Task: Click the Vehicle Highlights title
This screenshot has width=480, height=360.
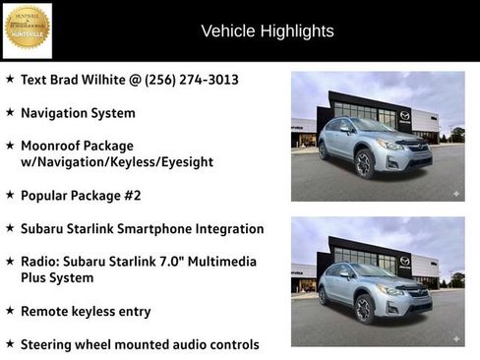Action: [267, 30]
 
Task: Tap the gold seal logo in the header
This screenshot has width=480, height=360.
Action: [27, 30]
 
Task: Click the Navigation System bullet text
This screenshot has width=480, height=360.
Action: [78, 113]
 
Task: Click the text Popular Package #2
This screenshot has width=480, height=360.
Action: [81, 195]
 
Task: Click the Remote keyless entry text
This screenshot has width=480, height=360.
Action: [86, 311]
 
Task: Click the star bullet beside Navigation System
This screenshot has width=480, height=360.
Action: [10, 113]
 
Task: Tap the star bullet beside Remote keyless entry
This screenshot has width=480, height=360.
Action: [10, 311]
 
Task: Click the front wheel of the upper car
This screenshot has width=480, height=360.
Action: [364, 163]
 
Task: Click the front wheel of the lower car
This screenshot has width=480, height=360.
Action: [364, 308]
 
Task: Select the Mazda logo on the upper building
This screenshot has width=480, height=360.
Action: [404, 116]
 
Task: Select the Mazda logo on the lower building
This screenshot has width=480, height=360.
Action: [404, 261]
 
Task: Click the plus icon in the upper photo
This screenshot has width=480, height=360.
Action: [455, 194]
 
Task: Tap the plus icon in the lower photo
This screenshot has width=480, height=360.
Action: [455, 338]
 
